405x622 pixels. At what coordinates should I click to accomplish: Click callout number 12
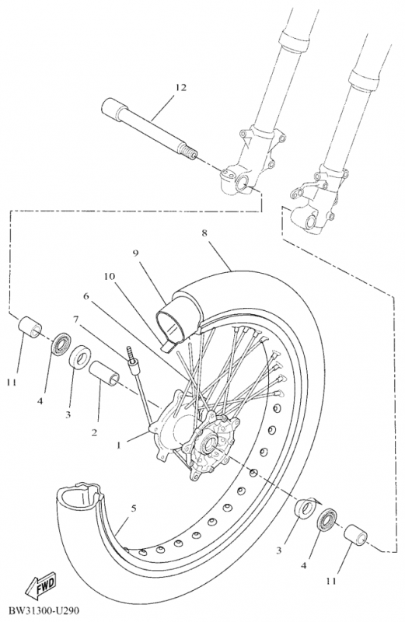coord(180,89)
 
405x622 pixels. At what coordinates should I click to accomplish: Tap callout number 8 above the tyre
coord(204,232)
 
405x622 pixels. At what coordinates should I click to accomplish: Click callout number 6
coord(87,296)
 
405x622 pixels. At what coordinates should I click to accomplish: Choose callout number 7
coord(75,320)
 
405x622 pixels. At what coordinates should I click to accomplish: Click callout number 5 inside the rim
coord(133,508)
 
